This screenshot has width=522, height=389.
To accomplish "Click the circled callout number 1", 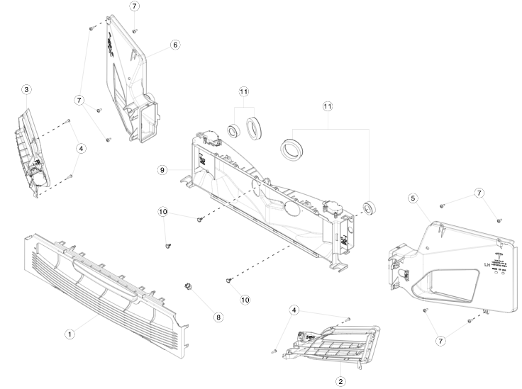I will coord(70,334).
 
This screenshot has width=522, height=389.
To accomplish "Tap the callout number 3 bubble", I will coord(26,90).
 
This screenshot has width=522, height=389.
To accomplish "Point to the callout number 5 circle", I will coord(413,198).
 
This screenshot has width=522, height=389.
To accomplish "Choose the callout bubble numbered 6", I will coord(174,44).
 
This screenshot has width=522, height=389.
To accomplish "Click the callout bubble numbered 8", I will coord(218,317).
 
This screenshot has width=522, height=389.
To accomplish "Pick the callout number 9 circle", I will coord(162,170).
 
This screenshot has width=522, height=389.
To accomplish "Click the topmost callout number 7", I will coord(135,6).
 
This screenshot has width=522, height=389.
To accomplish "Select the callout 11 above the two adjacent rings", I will coord(243,92).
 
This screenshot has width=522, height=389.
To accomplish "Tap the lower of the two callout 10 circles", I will coord(245,300).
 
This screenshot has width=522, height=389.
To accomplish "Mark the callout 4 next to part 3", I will coord(82,149).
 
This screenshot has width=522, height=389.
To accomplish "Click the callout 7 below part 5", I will coord(441,342).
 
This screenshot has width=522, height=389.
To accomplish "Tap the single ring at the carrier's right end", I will coord(369,208).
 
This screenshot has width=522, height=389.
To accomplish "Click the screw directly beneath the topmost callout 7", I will coord(135,30).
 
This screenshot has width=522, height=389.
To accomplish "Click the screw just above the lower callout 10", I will coord(228,281).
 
